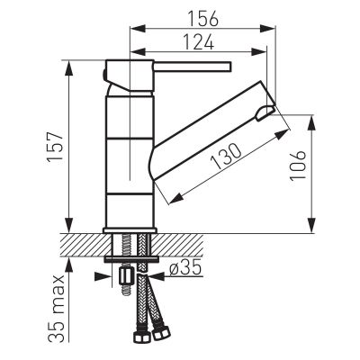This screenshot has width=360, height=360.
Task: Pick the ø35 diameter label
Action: [185, 268]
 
